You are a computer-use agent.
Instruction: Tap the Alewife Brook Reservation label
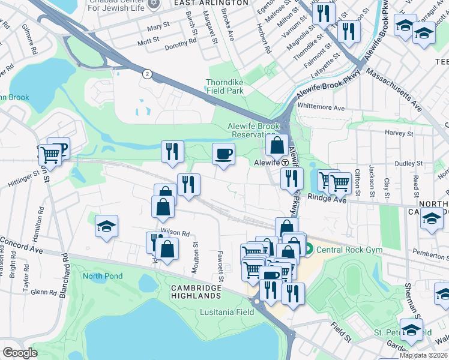(x=253, y=130)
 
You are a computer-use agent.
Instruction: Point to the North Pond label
(x=103, y=277)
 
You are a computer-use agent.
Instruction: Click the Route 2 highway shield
(x=146, y=73)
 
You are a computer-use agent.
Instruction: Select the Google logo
(x=20, y=353)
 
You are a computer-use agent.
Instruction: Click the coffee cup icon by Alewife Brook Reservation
(x=223, y=154)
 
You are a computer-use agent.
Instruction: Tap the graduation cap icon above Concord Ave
(x=107, y=226)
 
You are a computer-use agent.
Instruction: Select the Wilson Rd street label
(x=175, y=233)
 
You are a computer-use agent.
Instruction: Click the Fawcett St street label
(x=220, y=268)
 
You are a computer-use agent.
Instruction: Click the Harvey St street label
(x=396, y=133)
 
